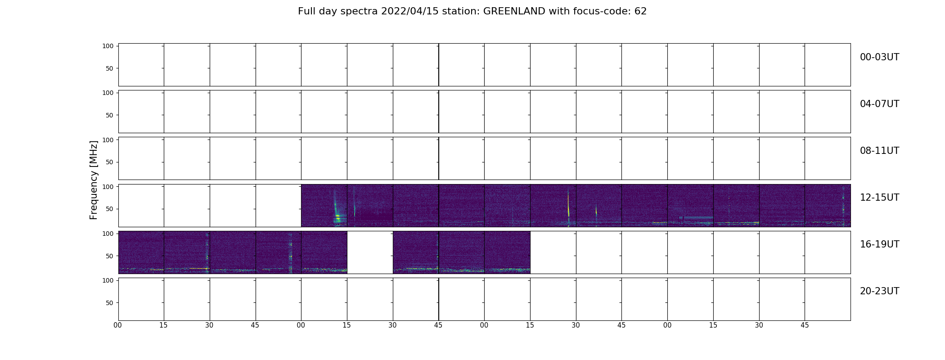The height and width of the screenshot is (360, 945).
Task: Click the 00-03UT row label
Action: click(879, 57)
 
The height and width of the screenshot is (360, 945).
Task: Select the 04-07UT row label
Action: click(879, 104)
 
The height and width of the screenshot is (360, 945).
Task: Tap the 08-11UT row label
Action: click(879, 151)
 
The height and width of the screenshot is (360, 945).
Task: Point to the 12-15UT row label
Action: click(879, 198)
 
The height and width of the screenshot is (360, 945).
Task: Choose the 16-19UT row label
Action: click(879, 244)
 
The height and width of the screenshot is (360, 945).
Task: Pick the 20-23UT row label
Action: click(879, 291)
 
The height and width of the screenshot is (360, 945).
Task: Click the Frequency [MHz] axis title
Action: click(94, 180)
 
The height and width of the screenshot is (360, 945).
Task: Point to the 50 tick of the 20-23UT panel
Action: click(109, 303)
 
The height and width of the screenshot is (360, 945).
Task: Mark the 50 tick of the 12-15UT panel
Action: click(109, 209)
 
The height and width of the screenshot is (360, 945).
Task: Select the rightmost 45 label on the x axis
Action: click(805, 325)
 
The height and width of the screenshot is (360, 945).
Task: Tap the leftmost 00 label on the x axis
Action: click(118, 325)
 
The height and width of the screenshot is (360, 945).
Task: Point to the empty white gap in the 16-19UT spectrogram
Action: click(370, 252)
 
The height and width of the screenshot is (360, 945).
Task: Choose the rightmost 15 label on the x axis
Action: click(713, 325)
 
